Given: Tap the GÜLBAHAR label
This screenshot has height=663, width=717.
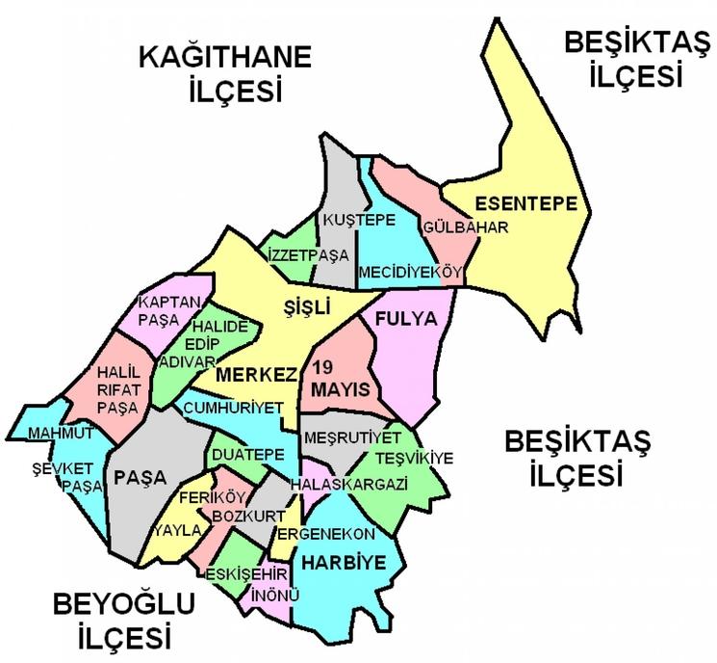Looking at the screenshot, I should point(464,226).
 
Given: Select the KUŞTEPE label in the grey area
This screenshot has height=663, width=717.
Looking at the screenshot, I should point(359,220).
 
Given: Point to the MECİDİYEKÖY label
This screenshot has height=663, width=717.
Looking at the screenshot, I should point(410,273).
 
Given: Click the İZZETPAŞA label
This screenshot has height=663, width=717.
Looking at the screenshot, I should point(307,255).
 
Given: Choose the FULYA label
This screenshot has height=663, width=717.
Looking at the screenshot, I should point(406,318).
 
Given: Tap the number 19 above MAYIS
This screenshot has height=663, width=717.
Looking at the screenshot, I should point(324,368).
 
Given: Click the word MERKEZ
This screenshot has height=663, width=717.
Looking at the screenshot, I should point(257,374).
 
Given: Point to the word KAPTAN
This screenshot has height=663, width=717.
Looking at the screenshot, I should point(169,302).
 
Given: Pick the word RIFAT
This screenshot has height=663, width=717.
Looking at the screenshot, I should point(120,389).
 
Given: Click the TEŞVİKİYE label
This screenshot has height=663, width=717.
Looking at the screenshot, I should point(414,457).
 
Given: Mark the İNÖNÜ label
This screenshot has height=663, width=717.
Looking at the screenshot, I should point(270,594).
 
